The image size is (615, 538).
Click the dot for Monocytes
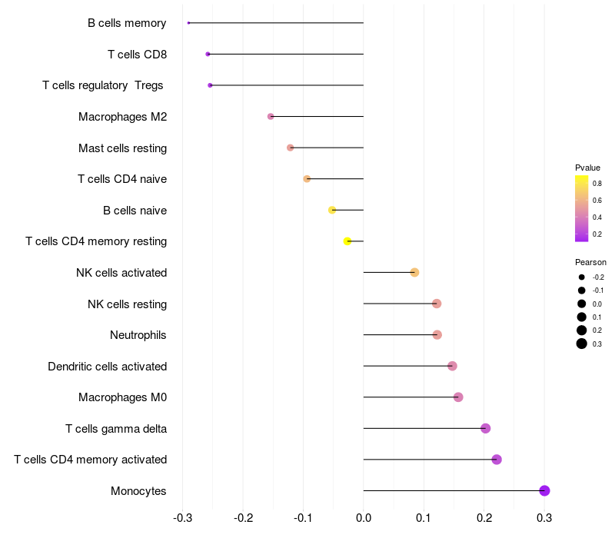544,490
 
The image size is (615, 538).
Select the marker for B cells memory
188,23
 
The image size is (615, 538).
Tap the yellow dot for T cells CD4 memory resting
347,241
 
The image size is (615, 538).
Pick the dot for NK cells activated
414,272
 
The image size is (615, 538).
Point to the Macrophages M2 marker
271,116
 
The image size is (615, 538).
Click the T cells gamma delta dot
485,428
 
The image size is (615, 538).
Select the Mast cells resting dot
290,148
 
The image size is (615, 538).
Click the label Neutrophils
138,335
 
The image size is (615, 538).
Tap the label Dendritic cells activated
107,367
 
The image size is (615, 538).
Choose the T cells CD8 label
137,55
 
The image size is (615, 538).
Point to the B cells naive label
135,211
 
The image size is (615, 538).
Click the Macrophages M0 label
122,397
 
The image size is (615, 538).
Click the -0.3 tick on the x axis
182,518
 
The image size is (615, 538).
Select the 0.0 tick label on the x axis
364,518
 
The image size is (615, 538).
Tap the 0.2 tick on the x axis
484,518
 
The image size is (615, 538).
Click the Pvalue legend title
587,168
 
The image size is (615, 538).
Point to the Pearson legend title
590,262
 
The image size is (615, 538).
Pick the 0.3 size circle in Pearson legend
582,344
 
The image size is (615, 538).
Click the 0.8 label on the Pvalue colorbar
597,184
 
